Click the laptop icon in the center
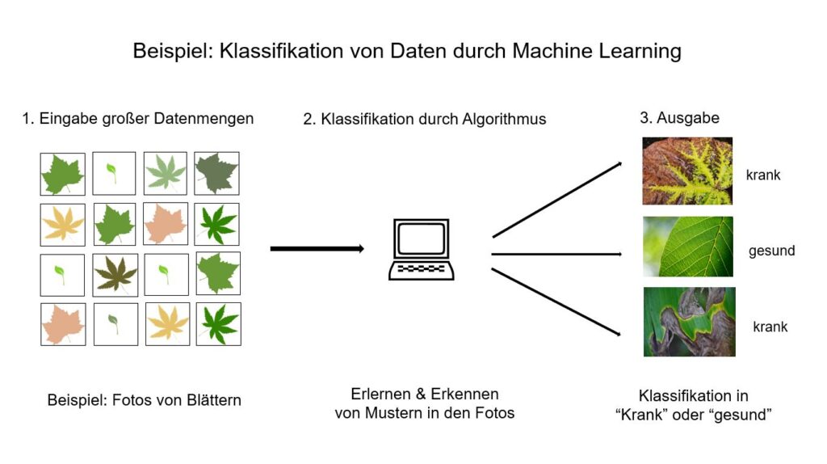pos(421,250)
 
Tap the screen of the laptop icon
pos(421,239)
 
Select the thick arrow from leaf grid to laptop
pos(317,248)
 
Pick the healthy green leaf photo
pos(688,247)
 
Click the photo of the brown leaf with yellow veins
pos(687,171)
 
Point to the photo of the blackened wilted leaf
pos(689,322)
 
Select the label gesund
pos(771,251)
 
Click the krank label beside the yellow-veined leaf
pos(763,175)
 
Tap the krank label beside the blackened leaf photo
pos(770,327)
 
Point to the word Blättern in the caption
pos(213,400)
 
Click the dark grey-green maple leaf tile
pos(216,173)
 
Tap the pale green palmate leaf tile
pos(166,173)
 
